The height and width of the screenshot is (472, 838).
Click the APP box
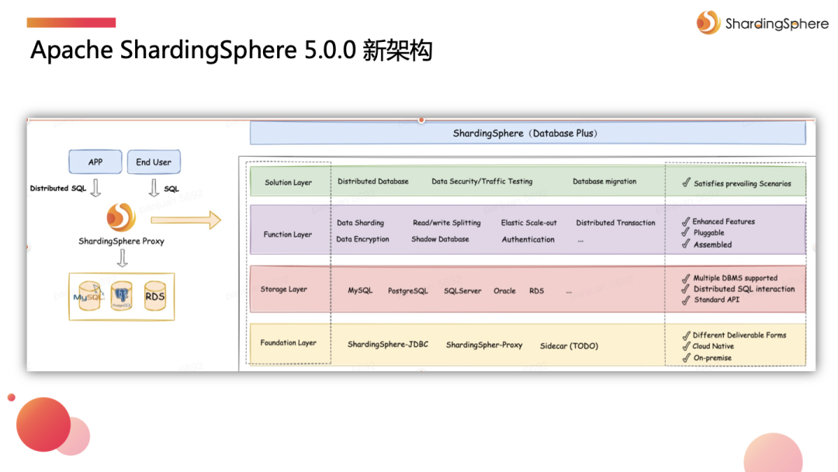[95, 162]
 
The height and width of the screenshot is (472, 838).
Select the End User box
[154, 162]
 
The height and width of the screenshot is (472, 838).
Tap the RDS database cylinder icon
[155, 296]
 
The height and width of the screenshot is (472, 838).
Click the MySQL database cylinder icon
[88, 296]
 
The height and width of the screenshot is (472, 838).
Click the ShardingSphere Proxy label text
[121, 241]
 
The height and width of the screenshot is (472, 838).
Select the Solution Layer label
[288, 182]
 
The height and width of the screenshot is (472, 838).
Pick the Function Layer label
[287, 234]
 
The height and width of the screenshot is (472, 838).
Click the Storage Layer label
[284, 290]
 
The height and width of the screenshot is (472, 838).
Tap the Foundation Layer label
[288, 343]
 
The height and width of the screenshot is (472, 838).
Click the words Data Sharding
[360, 223]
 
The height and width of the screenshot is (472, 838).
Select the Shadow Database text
[440, 239]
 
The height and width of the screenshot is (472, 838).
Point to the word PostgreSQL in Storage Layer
[407, 291]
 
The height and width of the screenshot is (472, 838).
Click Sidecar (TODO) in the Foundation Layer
[569, 345]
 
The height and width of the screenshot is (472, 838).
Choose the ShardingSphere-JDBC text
[387, 345]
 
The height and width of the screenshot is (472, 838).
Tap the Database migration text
[604, 182]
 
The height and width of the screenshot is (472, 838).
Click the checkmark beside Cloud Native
[686, 346]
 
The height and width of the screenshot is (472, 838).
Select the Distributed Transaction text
[615, 223]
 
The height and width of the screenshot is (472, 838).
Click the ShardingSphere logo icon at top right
[708, 23]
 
